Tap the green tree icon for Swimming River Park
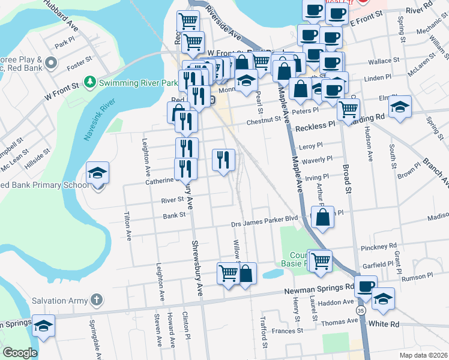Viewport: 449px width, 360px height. (x=90, y=81)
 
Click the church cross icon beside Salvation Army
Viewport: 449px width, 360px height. (x=97, y=299)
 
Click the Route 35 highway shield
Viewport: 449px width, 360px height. (x=359, y=310)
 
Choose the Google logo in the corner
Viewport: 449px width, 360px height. (x=20, y=353)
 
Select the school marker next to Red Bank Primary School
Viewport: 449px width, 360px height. (x=97, y=173)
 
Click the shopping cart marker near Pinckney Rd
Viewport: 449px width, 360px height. (x=320, y=260)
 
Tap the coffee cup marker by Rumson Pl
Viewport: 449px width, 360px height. (x=366, y=287)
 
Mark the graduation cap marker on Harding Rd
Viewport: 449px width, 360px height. (x=399, y=107)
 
